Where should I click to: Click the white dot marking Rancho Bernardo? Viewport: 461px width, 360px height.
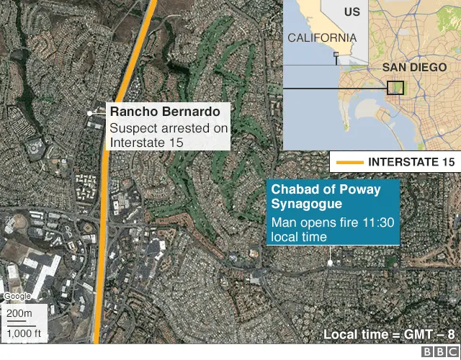[90, 113]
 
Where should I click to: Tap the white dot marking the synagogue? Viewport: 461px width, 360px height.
[331, 263]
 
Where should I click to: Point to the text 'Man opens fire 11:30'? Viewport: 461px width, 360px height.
[332, 222]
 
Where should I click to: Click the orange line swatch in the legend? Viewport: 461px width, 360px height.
[349, 162]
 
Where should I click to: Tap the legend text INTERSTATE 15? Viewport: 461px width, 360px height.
[411, 162]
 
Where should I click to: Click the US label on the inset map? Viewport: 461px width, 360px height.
[352, 12]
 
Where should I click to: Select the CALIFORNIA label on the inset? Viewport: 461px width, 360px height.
[321, 37]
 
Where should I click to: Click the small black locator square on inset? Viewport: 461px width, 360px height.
[395, 88]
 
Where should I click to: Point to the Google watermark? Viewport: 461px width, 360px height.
[17, 297]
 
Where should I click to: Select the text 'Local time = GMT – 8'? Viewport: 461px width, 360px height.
[389, 334]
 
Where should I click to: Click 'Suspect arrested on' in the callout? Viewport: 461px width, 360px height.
[169, 129]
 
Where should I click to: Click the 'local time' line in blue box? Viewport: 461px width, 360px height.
[298, 237]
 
